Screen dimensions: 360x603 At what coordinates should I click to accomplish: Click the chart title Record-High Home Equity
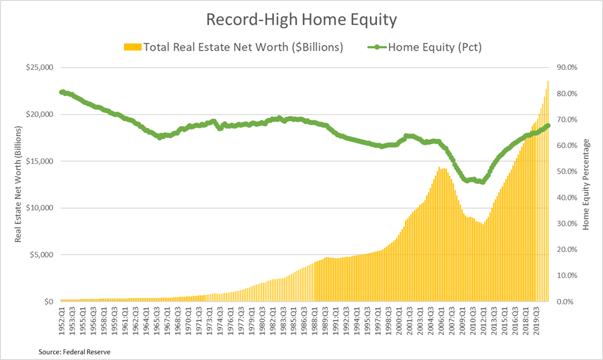301,20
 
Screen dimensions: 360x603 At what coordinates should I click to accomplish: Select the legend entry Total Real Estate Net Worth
233,47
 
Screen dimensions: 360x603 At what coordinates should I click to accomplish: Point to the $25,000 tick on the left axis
39,67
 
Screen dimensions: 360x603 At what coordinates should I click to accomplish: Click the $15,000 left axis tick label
39,161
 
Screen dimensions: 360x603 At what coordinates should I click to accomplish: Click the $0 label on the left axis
47,301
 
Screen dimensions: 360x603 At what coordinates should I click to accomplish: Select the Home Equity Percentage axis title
587,185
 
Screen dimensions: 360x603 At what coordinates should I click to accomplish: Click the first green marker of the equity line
62,92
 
